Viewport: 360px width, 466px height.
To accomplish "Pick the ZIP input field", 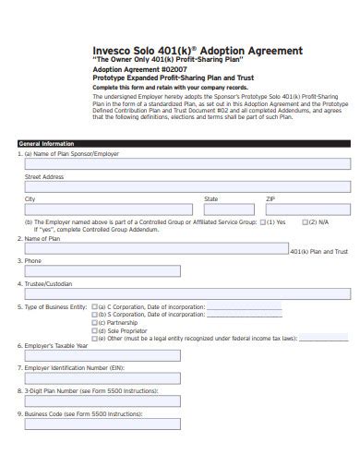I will (x=307, y=209).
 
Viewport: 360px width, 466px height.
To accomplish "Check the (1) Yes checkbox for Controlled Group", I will (x=264, y=222).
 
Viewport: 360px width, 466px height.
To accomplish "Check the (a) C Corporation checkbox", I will (x=94, y=305).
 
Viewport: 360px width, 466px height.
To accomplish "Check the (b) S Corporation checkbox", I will (x=94, y=314).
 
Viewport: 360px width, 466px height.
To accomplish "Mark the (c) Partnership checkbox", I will (x=94, y=321).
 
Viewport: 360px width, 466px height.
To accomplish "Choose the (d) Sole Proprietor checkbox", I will (x=94, y=329).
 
